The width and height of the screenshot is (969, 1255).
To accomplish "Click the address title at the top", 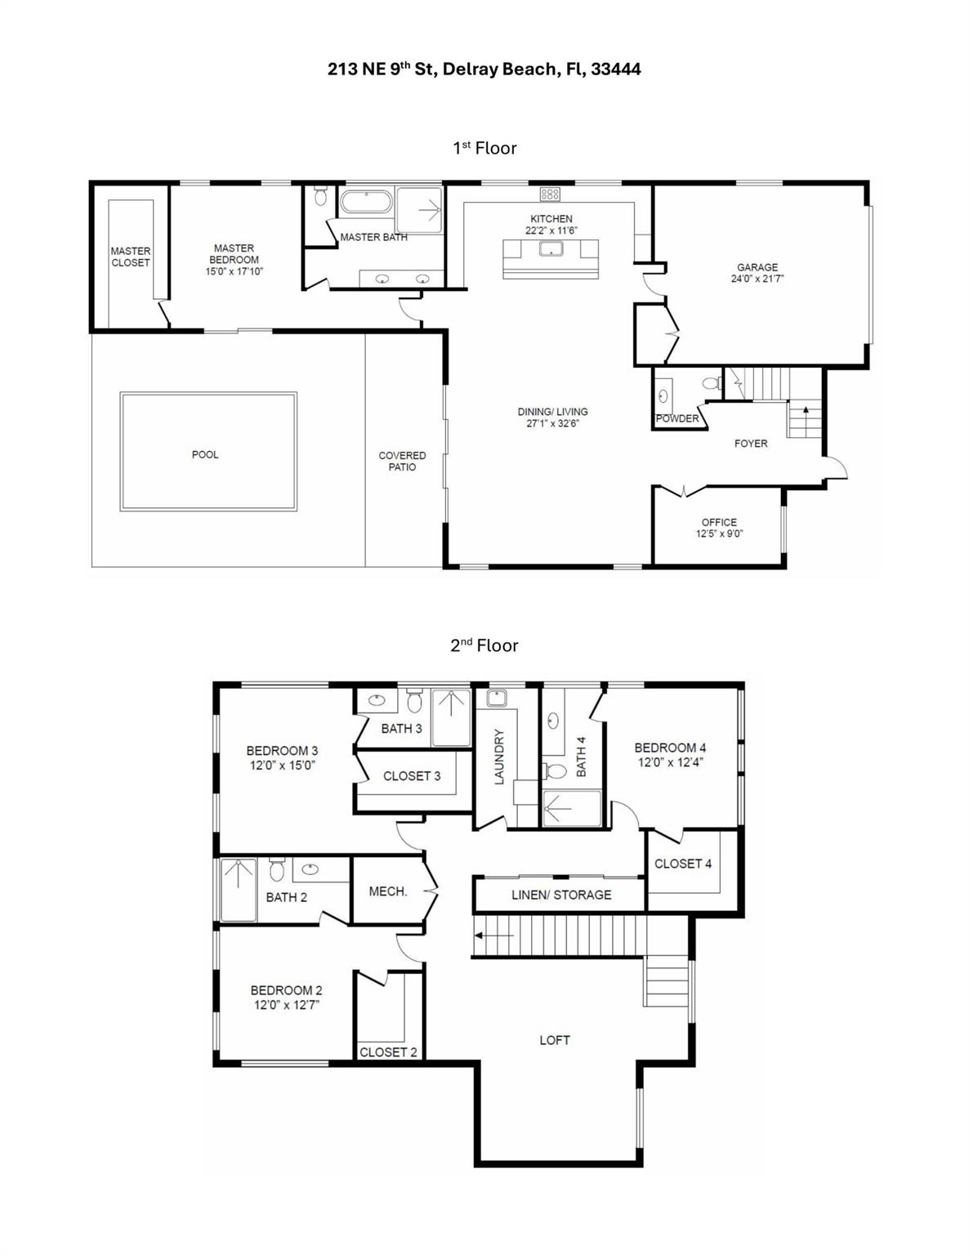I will pyautogui.click(x=484, y=69).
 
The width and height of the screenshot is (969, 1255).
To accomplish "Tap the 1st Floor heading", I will pyautogui.click(x=484, y=148).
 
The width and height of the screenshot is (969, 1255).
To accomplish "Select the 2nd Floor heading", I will pyautogui.click(x=484, y=645).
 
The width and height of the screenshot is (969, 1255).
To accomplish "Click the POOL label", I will pyautogui.click(x=205, y=455).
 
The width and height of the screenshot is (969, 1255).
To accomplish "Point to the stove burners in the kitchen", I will pyautogui.click(x=550, y=194).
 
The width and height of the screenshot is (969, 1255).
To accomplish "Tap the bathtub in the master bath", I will pyautogui.click(x=366, y=202).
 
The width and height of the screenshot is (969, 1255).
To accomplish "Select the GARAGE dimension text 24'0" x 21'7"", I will pyautogui.click(x=757, y=279).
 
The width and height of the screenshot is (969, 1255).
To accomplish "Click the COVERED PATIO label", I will pyautogui.click(x=402, y=462).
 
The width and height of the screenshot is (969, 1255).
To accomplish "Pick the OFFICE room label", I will pyautogui.click(x=719, y=522).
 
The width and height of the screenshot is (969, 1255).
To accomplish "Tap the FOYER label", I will pyautogui.click(x=751, y=444).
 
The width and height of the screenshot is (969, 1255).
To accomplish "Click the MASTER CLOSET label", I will pyautogui.click(x=131, y=257).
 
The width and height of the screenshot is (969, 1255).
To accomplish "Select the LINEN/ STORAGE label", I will pyautogui.click(x=561, y=895).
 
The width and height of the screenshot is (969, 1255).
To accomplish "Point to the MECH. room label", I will pyautogui.click(x=388, y=891).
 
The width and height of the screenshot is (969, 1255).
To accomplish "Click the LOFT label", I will pyautogui.click(x=555, y=1040).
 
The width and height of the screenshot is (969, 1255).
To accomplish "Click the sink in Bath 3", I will pyautogui.click(x=377, y=700).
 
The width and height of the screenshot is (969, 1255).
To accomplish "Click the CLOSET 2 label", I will pyautogui.click(x=389, y=1052).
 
